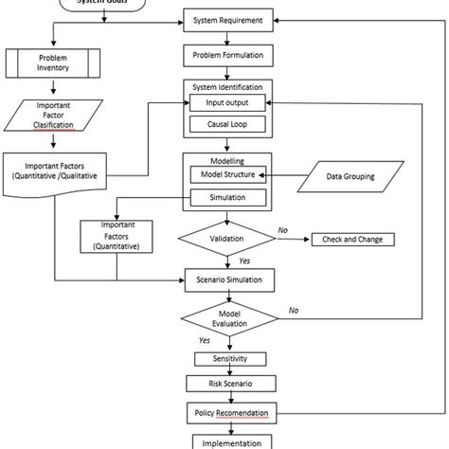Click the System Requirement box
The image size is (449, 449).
pyautogui.click(x=229, y=19)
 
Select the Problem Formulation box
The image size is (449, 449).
pyautogui.click(x=229, y=54)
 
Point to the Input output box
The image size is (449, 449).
pyautogui.click(x=228, y=102)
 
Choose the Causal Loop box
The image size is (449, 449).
pyautogui.click(x=228, y=124)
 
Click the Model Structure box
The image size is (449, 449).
pyautogui.click(x=228, y=175)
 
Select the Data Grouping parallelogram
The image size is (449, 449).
pyautogui.click(x=350, y=175)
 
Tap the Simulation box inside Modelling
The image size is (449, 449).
pyautogui.click(x=228, y=197)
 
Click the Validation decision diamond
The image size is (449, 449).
pyautogui.click(x=228, y=240)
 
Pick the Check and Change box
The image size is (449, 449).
pyautogui.click(x=358, y=240)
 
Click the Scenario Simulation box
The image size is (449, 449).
pyautogui.click(x=229, y=279)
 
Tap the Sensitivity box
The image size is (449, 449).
pyautogui.click(x=228, y=360)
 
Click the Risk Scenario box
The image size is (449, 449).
pyautogui.click(x=229, y=385)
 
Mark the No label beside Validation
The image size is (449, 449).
pyautogui.click(x=283, y=229)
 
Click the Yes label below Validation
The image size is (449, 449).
pyautogui.click(x=244, y=260)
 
